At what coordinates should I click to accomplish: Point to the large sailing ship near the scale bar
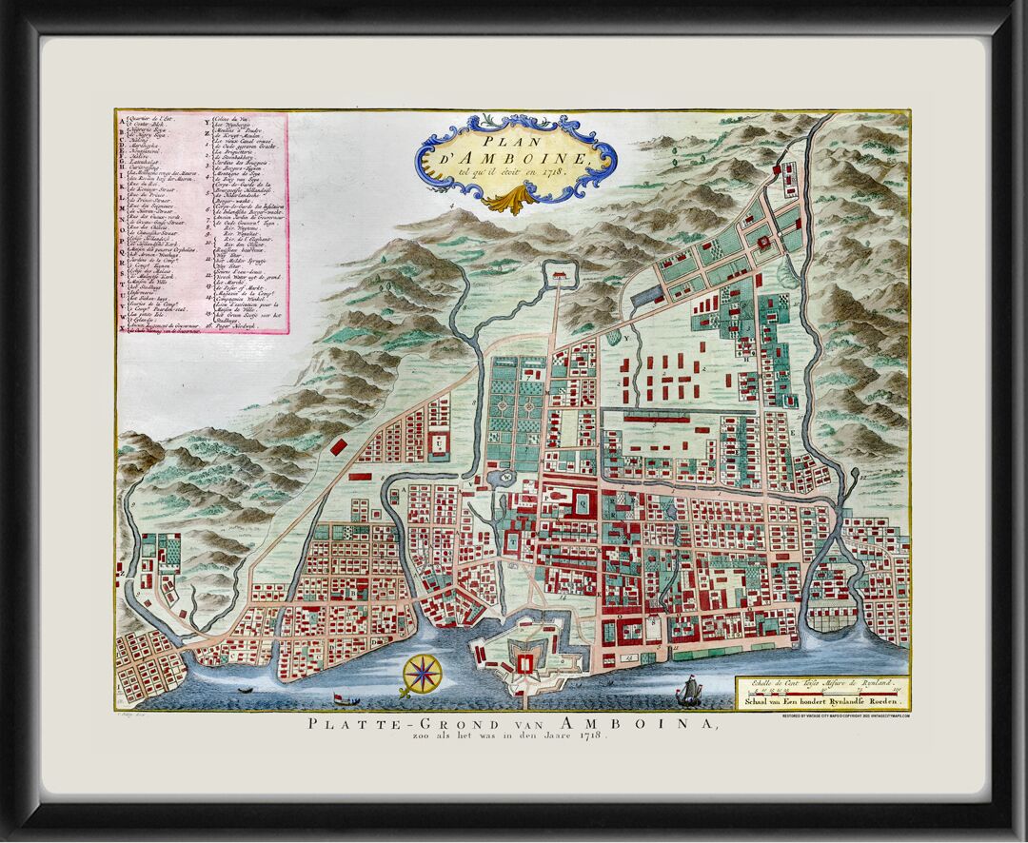(x=687, y=692)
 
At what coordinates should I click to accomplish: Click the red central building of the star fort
(x=522, y=662)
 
